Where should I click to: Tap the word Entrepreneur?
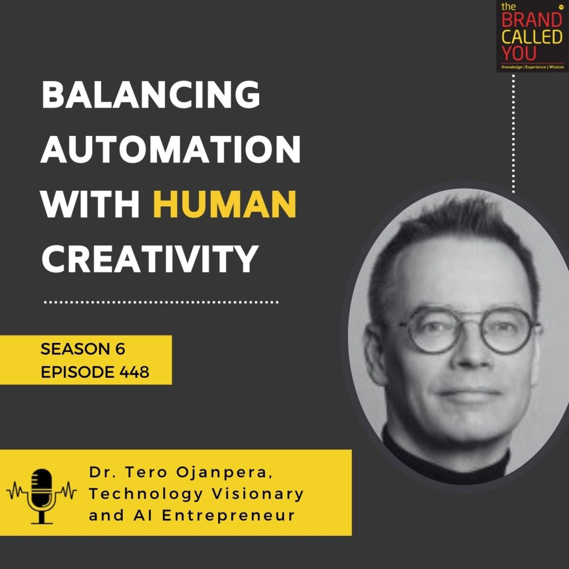click(x=228, y=515)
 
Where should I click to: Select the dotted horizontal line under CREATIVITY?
click(x=161, y=302)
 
